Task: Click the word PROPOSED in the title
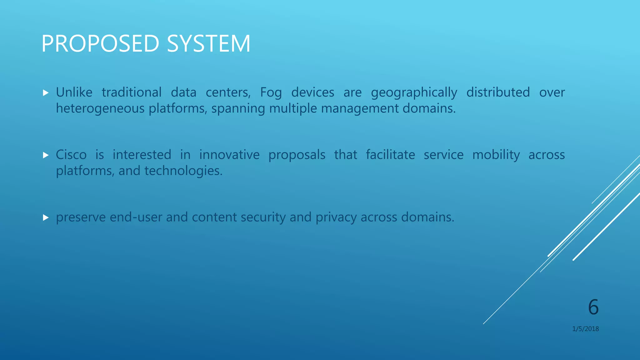[x=100, y=43]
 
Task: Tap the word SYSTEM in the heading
[x=208, y=43]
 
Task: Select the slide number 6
[x=593, y=307]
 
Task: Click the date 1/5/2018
[x=585, y=329]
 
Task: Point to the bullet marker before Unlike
[x=46, y=93]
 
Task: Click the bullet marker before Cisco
[x=46, y=155]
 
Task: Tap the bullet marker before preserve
[x=46, y=217]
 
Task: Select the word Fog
[x=271, y=93]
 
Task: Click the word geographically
[x=414, y=93]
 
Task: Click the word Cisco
[x=71, y=155]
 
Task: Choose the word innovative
[x=229, y=155]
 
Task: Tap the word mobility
[x=496, y=155]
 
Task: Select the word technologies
[x=183, y=171]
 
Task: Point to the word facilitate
[x=390, y=155]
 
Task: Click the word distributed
[x=498, y=92]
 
